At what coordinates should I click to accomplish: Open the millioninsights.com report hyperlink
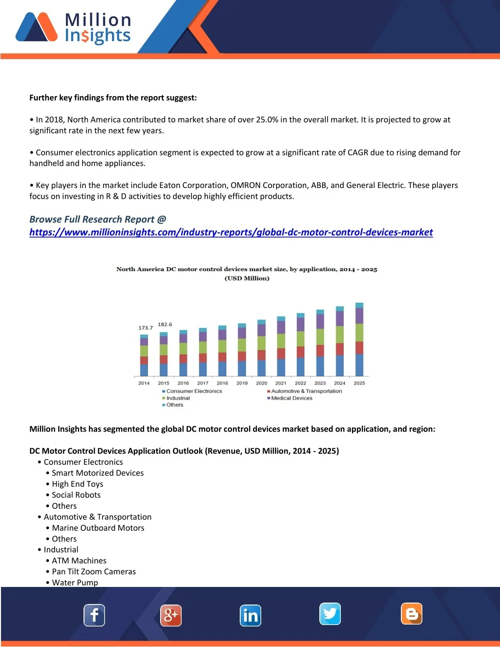[x=231, y=232]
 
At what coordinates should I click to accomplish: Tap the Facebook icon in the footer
[x=94, y=615]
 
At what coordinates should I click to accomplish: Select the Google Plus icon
[x=171, y=615]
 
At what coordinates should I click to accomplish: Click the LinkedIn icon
[x=250, y=616]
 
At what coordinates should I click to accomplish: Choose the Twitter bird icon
[x=330, y=614]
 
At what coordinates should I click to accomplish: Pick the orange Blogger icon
[x=412, y=614]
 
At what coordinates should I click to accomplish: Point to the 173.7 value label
[x=146, y=328]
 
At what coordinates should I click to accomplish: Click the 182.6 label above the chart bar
[x=165, y=324]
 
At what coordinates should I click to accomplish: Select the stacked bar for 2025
[x=359, y=339]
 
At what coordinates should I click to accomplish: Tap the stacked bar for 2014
[x=144, y=355]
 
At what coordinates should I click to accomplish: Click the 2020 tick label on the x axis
[x=262, y=383]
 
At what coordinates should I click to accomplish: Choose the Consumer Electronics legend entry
[x=194, y=391]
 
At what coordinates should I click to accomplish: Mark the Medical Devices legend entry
[x=292, y=398]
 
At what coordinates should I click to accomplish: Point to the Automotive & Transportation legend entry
[x=306, y=391]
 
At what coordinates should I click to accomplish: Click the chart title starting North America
[x=247, y=269]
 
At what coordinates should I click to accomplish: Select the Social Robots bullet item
[x=76, y=495]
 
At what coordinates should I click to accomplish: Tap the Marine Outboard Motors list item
[x=98, y=528]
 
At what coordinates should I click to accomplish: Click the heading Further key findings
[x=113, y=98]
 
